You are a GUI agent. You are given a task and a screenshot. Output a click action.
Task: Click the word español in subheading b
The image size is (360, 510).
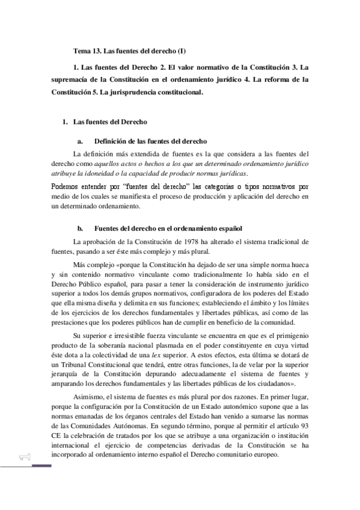click(x=228, y=229)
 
